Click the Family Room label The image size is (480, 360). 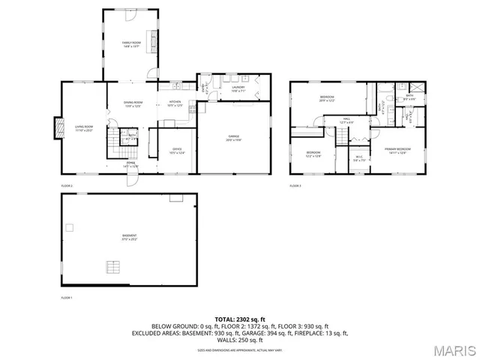point(131,44)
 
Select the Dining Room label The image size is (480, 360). point(132,104)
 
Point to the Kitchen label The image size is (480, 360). point(175,103)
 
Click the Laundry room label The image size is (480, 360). point(238,88)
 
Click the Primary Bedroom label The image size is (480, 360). point(397,151)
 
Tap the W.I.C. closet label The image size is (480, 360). point(358,158)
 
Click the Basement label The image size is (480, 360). point(129,238)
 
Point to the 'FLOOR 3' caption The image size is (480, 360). point(295,185)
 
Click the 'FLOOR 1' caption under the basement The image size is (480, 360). point(67,298)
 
